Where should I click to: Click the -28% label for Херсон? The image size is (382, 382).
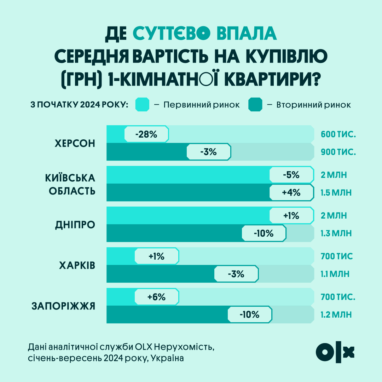coord(146,134)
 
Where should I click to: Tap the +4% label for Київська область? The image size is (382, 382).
coord(291,193)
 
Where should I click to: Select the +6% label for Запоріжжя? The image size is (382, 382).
coord(157,297)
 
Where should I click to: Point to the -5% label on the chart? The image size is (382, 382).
coord(291,175)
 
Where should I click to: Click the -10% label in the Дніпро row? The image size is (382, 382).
coord(264,233)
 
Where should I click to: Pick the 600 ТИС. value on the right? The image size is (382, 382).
coord(338,134)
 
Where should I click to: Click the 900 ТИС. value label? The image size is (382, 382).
coord(338,152)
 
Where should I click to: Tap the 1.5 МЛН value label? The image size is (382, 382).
coord(336,193)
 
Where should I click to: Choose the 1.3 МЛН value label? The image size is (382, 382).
coord(336,233)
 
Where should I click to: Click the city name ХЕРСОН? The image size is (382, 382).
coord(75,143)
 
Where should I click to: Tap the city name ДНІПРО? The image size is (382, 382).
coord(75,225)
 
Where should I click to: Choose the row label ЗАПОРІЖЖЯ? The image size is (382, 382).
coord(64,306)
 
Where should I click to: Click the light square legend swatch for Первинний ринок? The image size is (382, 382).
coord(143,105)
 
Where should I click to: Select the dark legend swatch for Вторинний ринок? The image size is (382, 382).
coord(255,105)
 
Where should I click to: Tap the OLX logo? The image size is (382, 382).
coord(335,352)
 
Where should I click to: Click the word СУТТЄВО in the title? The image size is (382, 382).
coord(172,34)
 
